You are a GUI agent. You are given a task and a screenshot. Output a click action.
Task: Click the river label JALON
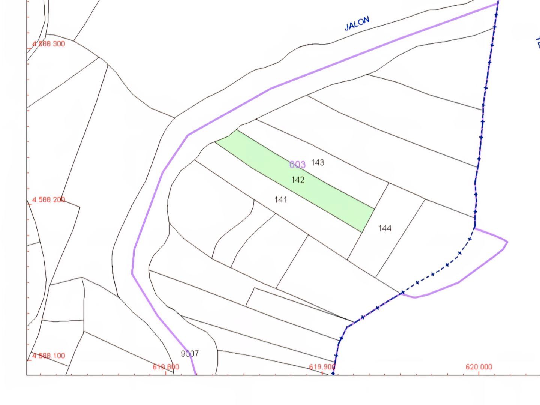pos(357,23)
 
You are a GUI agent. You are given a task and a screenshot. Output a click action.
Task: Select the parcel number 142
pos(298,180)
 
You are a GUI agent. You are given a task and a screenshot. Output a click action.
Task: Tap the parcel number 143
pos(317,162)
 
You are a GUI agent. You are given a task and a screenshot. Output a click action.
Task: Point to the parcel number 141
pos(281,199)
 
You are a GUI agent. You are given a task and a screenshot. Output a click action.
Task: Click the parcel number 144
pos(385,228)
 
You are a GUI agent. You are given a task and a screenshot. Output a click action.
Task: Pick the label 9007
pos(190,353)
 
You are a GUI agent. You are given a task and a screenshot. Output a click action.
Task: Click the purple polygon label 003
pos(297,165)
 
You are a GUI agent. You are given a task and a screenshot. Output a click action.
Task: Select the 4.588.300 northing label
pos(48,44)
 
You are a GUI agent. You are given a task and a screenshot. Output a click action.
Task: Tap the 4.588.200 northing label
pos(48,199)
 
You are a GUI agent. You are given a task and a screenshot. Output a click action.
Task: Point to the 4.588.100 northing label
pos(48,355)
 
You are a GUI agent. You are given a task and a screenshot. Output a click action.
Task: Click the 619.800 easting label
pos(166,366)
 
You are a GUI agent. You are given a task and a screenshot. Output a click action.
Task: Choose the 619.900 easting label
pos(322,366)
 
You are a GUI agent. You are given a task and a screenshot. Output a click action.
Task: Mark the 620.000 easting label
pos(479,366)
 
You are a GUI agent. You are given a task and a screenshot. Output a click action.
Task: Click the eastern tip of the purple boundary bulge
pos(507,242)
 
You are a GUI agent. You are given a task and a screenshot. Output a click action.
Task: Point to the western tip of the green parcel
pos(216,142)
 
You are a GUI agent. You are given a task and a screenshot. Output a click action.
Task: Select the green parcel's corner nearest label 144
pos(374,208)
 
